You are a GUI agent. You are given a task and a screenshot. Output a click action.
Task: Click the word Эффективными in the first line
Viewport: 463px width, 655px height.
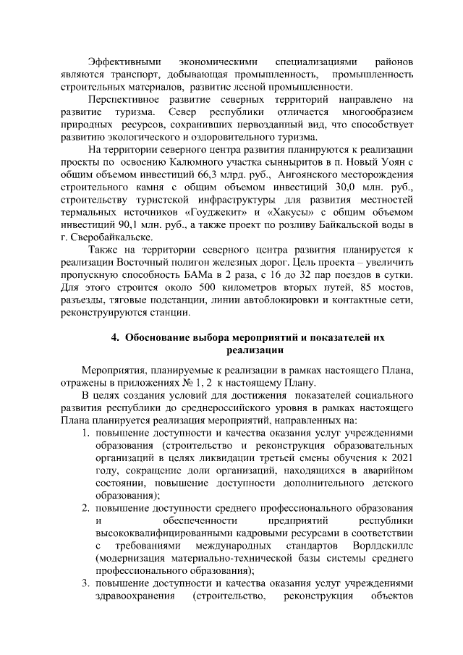[x=119, y=62]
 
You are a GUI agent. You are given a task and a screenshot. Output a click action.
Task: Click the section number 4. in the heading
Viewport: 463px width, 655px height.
[x=114, y=337]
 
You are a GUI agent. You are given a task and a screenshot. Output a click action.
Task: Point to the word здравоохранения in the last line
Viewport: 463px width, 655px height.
[x=137, y=595]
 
